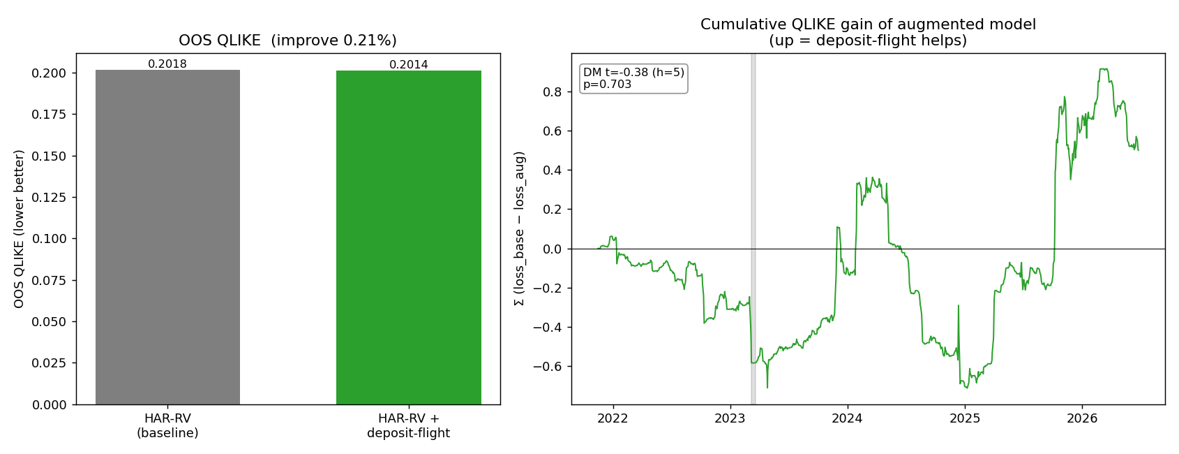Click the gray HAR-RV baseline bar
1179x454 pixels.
[167, 237]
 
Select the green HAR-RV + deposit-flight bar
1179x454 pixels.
[408, 237]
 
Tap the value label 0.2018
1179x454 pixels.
[167, 64]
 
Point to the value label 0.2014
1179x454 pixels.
[408, 64]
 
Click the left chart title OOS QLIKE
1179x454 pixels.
[288, 41]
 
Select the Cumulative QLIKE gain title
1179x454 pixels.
[868, 32]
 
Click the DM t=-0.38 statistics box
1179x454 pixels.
[633, 78]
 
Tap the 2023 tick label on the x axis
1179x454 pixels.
[730, 418]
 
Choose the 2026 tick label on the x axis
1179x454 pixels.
[1081, 418]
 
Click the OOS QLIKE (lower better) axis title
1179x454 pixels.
[19, 229]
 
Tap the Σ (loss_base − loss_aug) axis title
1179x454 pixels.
[519, 228]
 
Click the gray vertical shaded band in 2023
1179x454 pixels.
[753, 229]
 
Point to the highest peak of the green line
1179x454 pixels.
[1101, 69]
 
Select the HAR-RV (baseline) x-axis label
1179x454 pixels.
[167, 425]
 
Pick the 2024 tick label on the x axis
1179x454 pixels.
[847, 418]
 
